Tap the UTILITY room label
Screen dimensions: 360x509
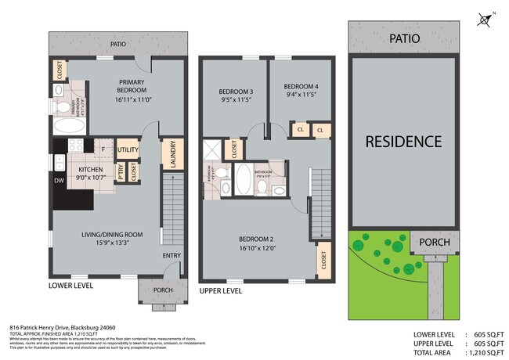coord(128,149)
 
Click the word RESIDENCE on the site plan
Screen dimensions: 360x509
coord(403,142)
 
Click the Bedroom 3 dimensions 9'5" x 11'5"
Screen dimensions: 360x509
coord(234,100)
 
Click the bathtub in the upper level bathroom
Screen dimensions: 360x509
coord(243,179)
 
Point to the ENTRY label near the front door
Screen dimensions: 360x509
coord(171,256)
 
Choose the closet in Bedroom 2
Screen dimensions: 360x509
coord(323,261)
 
